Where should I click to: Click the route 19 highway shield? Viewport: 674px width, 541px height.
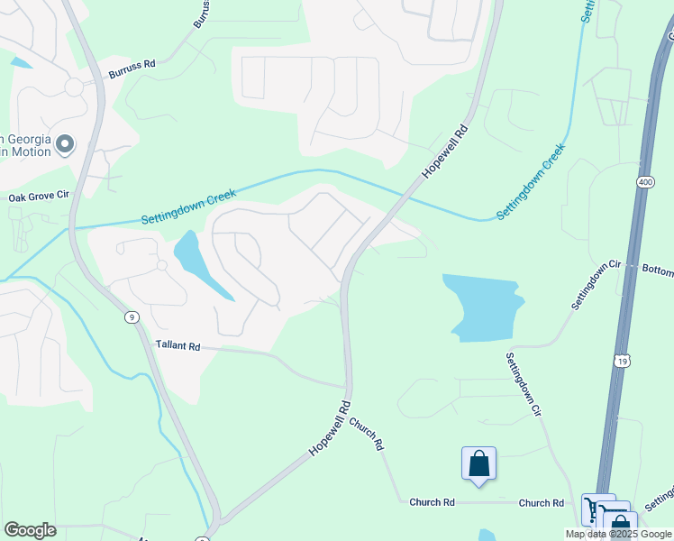click(x=622, y=361)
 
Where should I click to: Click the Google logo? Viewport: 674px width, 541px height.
click(x=30, y=529)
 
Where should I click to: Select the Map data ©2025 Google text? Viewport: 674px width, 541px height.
click(x=617, y=534)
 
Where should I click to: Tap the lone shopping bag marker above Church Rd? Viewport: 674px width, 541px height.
click(x=479, y=463)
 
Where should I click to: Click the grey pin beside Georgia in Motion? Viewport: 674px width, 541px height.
click(x=64, y=144)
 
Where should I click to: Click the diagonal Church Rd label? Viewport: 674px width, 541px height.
click(x=368, y=434)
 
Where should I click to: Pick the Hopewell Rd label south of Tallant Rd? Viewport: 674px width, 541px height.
click(x=329, y=428)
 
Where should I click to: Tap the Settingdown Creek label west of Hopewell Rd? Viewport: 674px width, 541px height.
click(x=188, y=207)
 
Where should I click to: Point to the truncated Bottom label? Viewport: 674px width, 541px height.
click(x=657, y=270)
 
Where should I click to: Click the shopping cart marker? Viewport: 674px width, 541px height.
click(x=597, y=509)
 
